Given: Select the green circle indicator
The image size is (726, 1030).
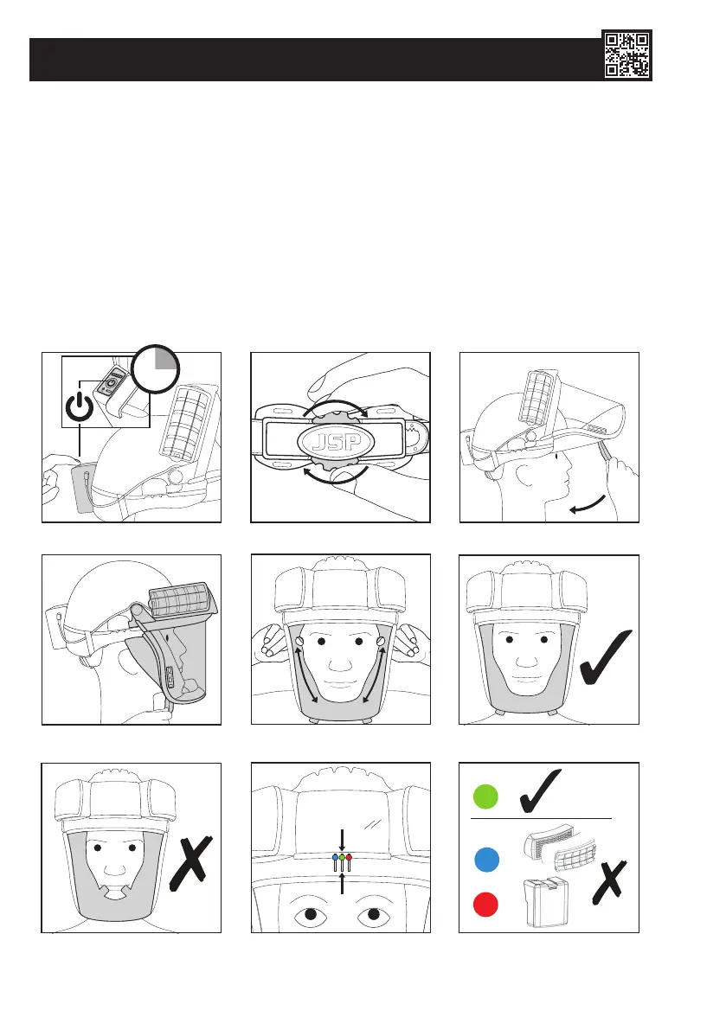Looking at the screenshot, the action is coord(486,797).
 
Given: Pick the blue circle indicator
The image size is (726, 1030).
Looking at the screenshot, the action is coord(486,860).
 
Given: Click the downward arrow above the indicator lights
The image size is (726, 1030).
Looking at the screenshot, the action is coord(343,841).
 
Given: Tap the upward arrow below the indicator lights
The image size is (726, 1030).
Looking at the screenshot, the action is coord(343,882).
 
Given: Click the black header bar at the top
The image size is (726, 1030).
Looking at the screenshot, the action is coord(312,59).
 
